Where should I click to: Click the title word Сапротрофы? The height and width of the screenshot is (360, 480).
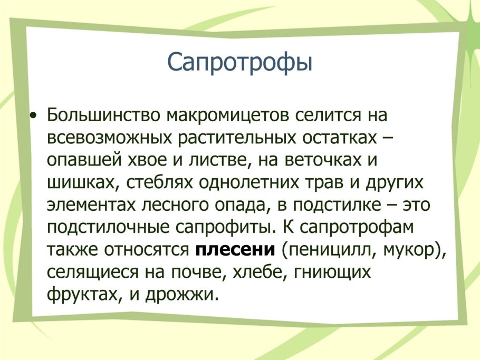(x=239, y=62)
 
